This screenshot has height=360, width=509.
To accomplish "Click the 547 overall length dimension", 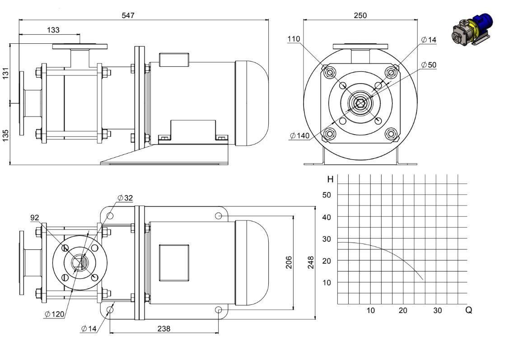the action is click(128, 15).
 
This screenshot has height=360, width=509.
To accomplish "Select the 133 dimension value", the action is click(53, 30).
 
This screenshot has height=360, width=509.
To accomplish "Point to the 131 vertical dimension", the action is click(5, 73).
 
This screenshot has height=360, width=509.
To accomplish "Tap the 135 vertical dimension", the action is click(5, 136).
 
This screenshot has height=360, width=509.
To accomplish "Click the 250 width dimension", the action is click(360, 15).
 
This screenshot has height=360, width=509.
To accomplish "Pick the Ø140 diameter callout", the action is click(299, 136).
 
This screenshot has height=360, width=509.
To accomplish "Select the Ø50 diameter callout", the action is click(429, 65).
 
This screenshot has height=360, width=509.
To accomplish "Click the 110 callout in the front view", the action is click(294, 39).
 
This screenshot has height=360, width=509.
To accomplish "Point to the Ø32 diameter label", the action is click(125, 198).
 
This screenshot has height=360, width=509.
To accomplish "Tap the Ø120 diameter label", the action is click(55, 314).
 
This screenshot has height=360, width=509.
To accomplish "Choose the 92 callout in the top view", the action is click(35, 218).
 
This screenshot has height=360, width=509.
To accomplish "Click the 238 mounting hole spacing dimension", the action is click(164, 328).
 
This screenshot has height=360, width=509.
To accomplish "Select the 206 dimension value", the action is click(289, 262).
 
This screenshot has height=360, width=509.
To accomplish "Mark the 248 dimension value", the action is click(311, 262).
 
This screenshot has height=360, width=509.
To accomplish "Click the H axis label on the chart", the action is click(331, 179).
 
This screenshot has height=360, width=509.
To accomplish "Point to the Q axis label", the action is click(469, 310).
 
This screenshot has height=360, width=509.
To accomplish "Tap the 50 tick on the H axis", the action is click(327, 195).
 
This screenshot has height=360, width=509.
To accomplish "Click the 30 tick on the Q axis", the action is click(437, 310).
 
